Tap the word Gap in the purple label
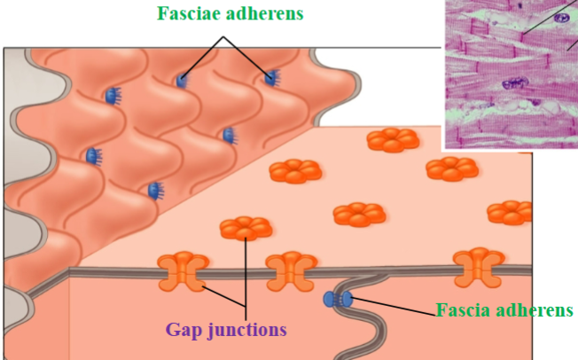pyautogui.click(x=186, y=329)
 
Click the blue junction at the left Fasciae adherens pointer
pyautogui.click(x=182, y=81)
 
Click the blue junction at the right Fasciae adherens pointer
pyautogui.click(x=271, y=79)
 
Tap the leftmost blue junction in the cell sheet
pyautogui.click(x=92, y=156)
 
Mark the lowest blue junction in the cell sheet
pyautogui.click(x=154, y=190)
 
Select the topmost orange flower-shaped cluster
pyautogui.click(x=393, y=139)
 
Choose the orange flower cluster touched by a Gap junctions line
pyautogui.click(x=246, y=228)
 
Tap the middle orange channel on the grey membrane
pyautogui.click(x=291, y=268)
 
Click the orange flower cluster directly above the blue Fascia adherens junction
pyautogui.click(x=358, y=214)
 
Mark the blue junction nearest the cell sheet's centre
pyautogui.click(x=228, y=135)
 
